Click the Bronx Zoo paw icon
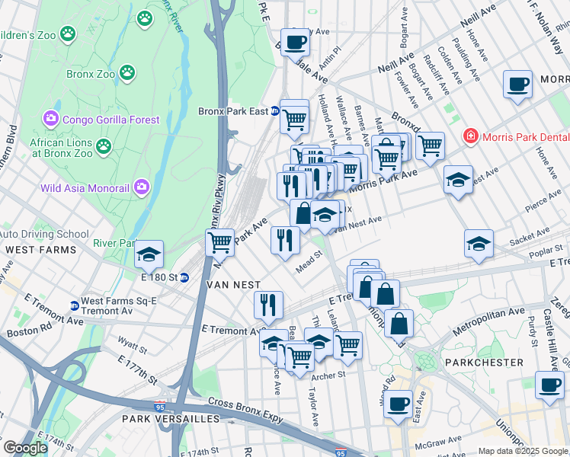tap(128, 75)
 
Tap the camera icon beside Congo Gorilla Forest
tap(51, 120)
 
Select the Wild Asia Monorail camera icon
tap(142, 187)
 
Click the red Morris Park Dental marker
tap(471, 136)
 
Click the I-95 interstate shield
tap(161, 408)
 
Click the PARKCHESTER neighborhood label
tap(486, 363)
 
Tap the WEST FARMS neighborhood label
tap(40, 249)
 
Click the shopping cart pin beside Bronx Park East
tap(294, 117)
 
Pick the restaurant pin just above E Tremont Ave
tap(268, 305)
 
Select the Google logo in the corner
tap(25, 448)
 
